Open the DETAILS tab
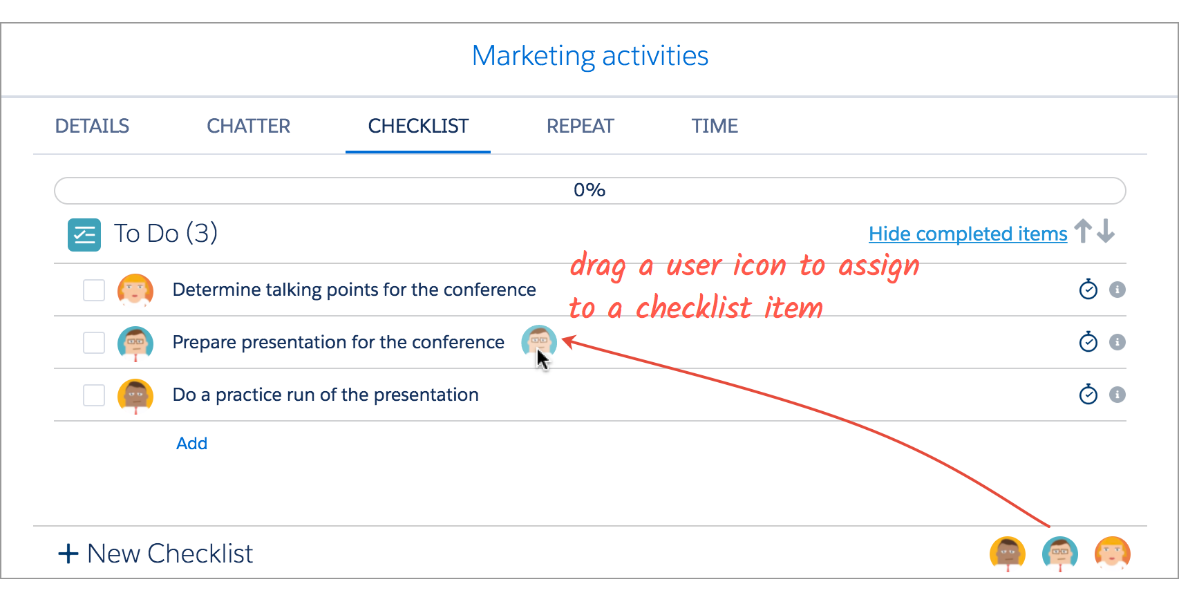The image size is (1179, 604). click(x=92, y=126)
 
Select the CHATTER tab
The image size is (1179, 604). click(x=248, y=126)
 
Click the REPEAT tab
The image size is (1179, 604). click(x=580, y=126)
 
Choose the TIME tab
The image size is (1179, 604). click(x=715, y=126)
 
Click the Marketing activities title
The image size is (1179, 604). click(x=590, y=56)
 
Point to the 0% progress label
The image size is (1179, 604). click(x=589, y=190)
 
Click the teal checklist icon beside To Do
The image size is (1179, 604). click(x=84, y=235)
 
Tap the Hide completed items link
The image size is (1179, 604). click(x=968, y=234)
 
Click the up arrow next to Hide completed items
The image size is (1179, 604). click(x=1083, y=231)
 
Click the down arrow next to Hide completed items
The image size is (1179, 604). click(x=1106, y=231)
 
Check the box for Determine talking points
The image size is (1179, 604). click(x=94, y=290)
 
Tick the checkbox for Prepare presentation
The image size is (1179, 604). click(x=94, y=343)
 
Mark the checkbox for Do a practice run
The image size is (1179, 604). click(x=94, y=395)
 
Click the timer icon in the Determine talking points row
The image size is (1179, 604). click(x=1088, y=290)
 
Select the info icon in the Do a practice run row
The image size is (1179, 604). click(x=1117, y=395)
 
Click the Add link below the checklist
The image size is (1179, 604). click(x=191, y=444)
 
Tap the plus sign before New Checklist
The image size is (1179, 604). click(x=68, y=554)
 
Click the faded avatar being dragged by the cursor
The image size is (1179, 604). click(x=539, y=341)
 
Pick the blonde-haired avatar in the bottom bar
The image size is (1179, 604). click(x=1112, y=554)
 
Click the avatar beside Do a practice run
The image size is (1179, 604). click(x=135, y=396)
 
